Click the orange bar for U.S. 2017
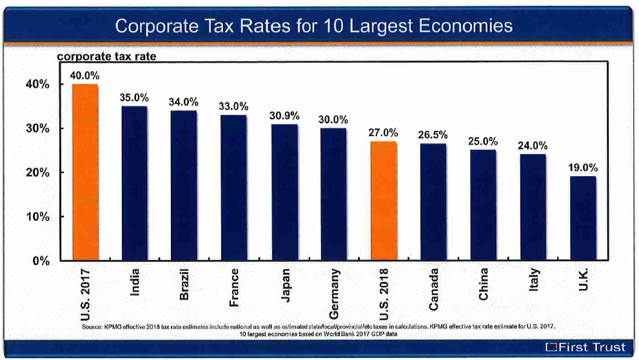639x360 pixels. coord(85,172)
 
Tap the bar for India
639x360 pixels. coord(135,183)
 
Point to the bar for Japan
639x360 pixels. coord(284,192)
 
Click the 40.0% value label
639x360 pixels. coord(84,75)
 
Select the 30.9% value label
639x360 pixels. coord(284,116)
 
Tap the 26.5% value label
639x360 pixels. coord(433,135)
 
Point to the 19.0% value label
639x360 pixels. coord(582,168)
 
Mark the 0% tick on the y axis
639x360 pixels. coord(41,261)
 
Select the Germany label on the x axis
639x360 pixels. coord(334,293)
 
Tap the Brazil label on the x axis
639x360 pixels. coord(184,285)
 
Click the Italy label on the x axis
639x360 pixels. coord(533,280)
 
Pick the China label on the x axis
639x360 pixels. coord(483,283)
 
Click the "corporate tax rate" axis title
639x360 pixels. coord(106,57)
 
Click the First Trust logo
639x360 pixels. coord(584,347)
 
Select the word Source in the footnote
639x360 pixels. coord(93,328)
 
